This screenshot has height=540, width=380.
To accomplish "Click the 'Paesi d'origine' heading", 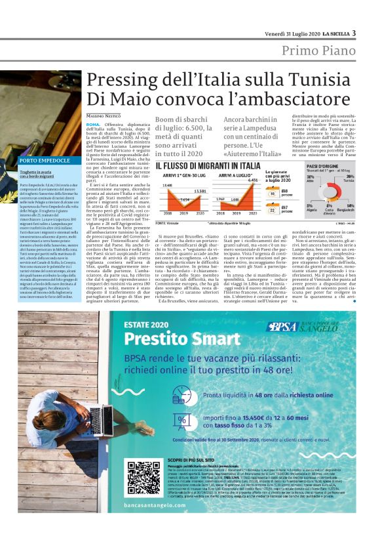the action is tap(320, 167).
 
